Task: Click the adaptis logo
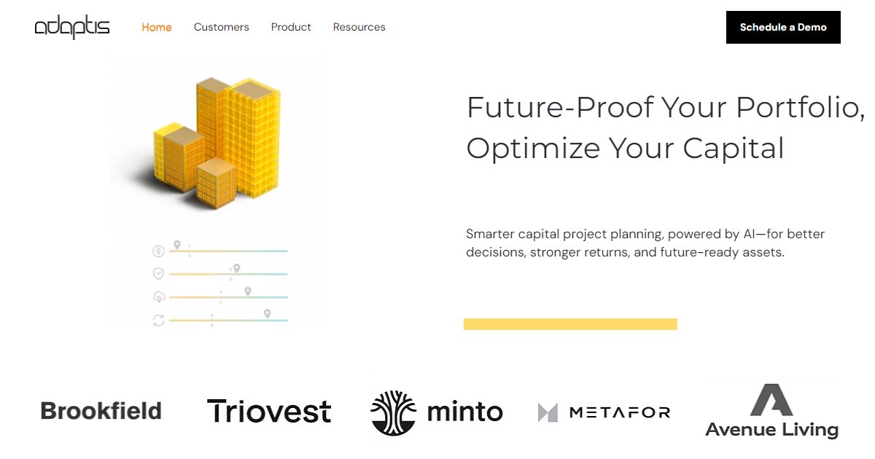click(72, 28)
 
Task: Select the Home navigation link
click(157, 28)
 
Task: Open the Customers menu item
click(221, 28)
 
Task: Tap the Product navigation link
click(291, 28)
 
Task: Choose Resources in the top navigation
click(359, 28)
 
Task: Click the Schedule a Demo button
click(783, 28)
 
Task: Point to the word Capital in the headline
click(733, 149)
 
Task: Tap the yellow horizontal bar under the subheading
click(570, 324)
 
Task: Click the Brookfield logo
click(101, 412)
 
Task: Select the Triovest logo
click(269, 412)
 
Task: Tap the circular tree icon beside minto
click(394, 412)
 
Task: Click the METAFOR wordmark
click(619, 412)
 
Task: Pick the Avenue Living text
click(771, 430)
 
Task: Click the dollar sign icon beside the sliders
click(158, 251)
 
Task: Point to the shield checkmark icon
click(158, 274)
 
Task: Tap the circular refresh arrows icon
click(158, 320)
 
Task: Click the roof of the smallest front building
click(217, 165)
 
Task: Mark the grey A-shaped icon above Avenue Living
click(771, 400)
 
